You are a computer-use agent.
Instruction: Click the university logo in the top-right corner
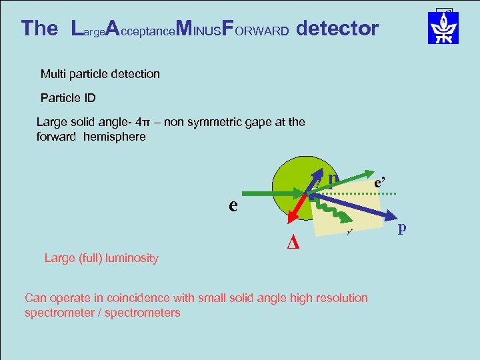click(x=443, y=28)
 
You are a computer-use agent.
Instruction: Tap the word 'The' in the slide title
click(x=39, y=29)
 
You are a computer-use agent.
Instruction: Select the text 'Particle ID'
click(x=68, y=98)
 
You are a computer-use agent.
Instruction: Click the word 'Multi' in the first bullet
click(x=53, y=74)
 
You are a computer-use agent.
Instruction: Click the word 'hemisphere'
click(x=114, y=137)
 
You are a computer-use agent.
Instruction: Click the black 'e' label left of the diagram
click(x=233, y=205)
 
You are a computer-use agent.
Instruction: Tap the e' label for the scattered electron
click(x=380, y=181)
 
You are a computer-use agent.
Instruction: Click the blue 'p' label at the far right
click(x=402, y=228)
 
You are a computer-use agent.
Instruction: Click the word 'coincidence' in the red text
click(x=151, y=298)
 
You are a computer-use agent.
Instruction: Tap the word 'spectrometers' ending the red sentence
click(x=147, y=313)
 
